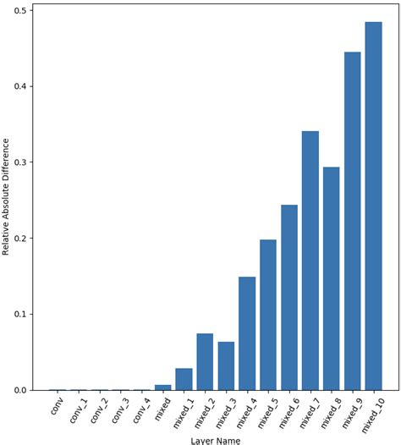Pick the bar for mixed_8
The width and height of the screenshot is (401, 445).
[331, 278]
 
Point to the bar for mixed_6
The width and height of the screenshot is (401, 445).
[288, 297]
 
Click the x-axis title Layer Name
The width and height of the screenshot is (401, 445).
[215, 439]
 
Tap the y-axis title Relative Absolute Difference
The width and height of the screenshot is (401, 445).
[7, 200]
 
